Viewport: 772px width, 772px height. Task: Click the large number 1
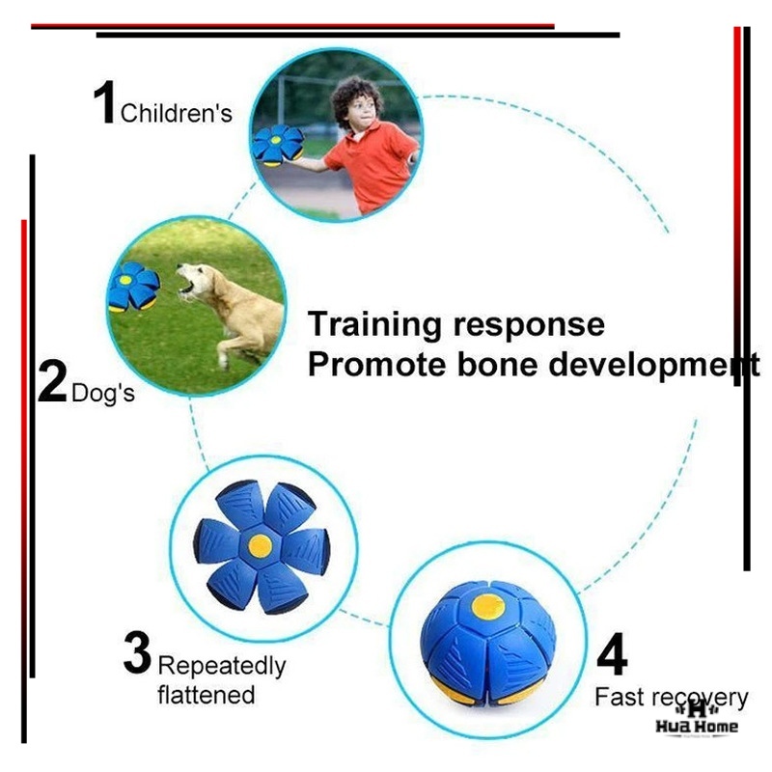104,102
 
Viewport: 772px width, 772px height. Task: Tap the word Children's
177,113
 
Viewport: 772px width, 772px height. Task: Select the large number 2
52,381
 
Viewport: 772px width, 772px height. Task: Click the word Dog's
103,394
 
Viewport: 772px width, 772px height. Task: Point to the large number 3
137,653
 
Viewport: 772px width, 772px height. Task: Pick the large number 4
612,654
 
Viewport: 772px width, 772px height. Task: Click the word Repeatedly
222,667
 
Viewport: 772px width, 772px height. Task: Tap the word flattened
207,695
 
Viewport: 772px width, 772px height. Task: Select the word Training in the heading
374,326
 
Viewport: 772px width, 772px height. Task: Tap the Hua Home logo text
697,727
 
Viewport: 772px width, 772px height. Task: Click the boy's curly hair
355,98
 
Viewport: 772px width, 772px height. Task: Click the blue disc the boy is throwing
278,146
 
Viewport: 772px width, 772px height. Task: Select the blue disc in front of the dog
133,287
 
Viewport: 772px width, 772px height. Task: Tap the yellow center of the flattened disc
261,546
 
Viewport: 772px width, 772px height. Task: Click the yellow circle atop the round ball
488,606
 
